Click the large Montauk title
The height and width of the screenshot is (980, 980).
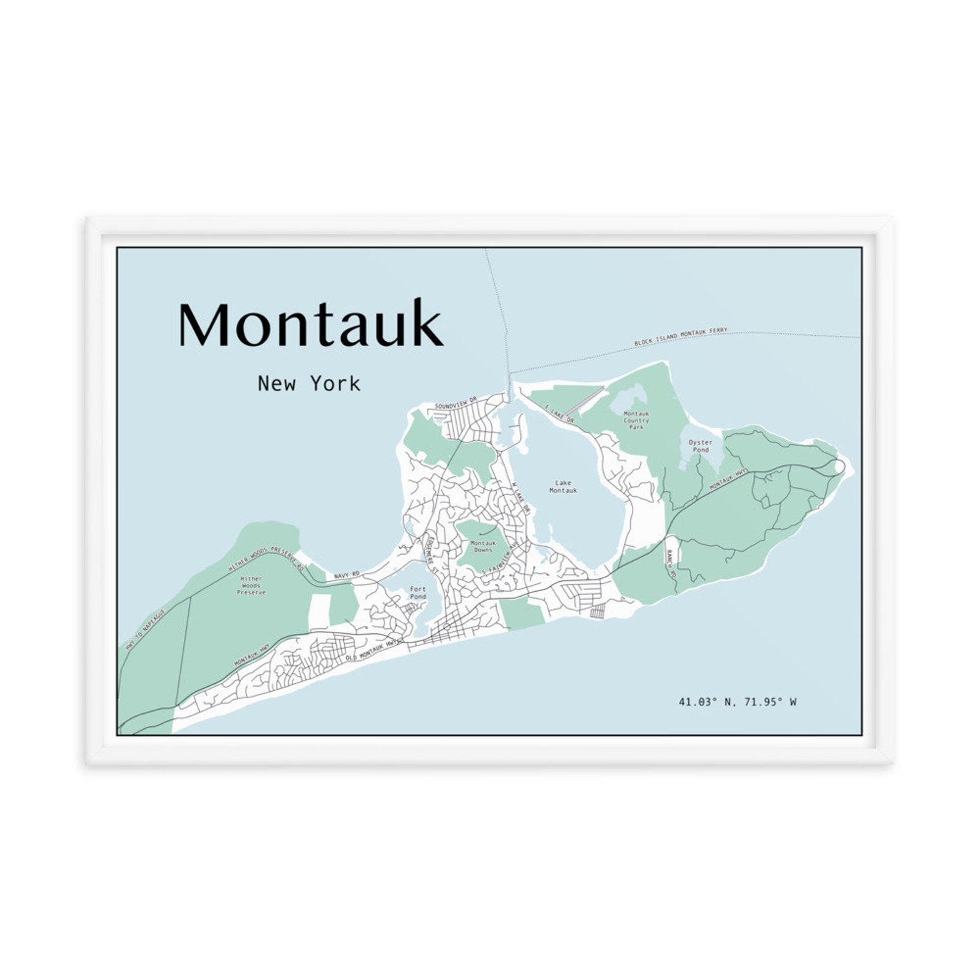click(310, 323)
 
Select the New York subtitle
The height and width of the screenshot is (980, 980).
click(309, 384)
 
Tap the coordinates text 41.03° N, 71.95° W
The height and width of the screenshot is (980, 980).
click(737, 702)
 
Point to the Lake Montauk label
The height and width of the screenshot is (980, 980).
click(563, 486)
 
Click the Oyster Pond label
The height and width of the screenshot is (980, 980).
click(700, 446)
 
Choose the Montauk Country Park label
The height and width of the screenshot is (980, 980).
click(636, 420)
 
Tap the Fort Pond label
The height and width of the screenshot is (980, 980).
click(418, 592)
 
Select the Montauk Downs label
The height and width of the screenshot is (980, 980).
click(483, 546)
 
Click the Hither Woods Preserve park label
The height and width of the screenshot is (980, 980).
click(251, 586)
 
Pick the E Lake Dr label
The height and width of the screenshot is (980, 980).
click(560, 414)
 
